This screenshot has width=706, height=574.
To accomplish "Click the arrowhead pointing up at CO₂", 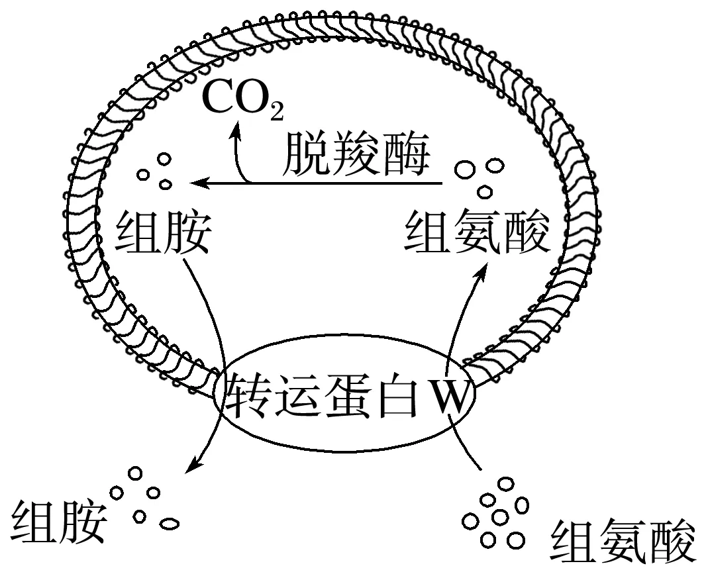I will tap(234, 132).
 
